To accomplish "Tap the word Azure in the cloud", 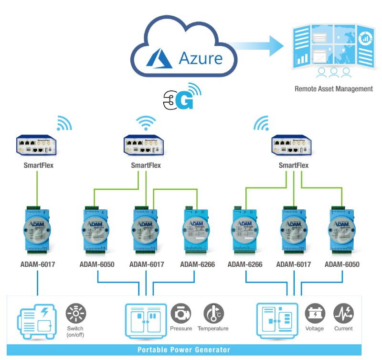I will pos(201,58).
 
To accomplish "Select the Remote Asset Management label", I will pos(333,88).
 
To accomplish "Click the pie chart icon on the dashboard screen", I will pos(365,37).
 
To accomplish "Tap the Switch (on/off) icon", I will pos(75,313).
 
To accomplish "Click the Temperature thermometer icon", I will pos(213,313).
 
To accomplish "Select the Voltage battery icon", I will pos(315,313).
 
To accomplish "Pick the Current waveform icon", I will pos(343,313).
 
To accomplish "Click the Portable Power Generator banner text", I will pos(184,349).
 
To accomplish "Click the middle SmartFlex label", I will pos(146,165).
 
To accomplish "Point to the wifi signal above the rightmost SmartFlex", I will pos(261,124).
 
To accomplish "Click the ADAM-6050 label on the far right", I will pos(341,264).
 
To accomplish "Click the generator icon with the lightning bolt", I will pos(38,319).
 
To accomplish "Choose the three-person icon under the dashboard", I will pos(334,73).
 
